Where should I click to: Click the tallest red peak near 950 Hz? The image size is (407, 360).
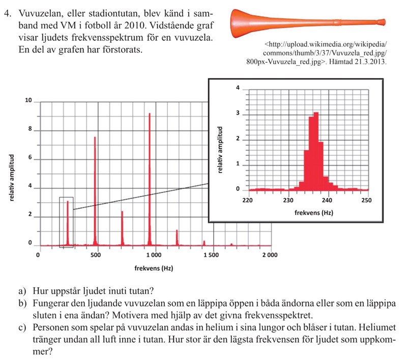[x=150, y=178]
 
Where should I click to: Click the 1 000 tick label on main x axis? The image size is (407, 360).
[x=153, y=255]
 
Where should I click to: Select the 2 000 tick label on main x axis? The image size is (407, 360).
[x=270, y=255]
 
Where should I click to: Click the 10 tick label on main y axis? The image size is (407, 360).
[x=28, y=100]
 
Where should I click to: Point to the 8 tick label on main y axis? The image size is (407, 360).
[x=30, y=129]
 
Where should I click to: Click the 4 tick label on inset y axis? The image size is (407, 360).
[x=238, y=88]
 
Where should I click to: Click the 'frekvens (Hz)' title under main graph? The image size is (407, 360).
[x=153, y=268]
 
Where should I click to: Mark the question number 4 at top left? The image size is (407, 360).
[x=6, y=14]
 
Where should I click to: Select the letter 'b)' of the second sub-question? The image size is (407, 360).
[x=22, y=304]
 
